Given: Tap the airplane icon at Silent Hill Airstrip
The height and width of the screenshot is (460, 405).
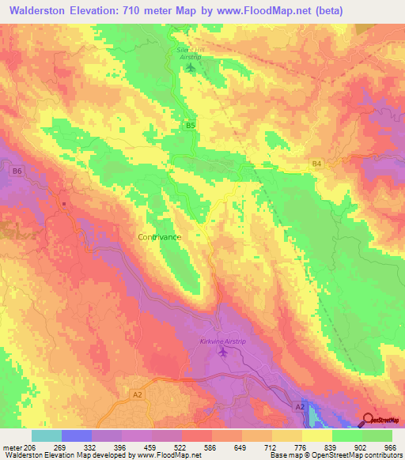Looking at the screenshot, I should click(x=190, y=66).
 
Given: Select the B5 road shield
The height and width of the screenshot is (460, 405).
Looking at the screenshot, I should click(x=190, y=125).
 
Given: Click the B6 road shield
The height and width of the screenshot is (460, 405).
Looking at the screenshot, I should click(x=18, y=170).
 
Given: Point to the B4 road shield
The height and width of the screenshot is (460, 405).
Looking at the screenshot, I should click(x=316, y=164).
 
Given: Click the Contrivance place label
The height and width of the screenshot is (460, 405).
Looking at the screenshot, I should click(x=160, y=236).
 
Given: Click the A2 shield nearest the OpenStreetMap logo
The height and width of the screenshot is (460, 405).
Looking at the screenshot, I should click(x=300, y=405).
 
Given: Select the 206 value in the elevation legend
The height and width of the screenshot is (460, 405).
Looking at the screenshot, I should click(x=28, y=448).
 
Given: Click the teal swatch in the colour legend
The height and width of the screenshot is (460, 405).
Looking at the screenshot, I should click(x=46, y=435).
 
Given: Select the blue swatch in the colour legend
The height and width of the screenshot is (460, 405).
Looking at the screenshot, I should click(x=76, y=435).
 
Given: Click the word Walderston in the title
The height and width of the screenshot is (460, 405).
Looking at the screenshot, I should click(x=38, y=10).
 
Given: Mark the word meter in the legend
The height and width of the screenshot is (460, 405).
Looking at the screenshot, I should click(x=10, y=448).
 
